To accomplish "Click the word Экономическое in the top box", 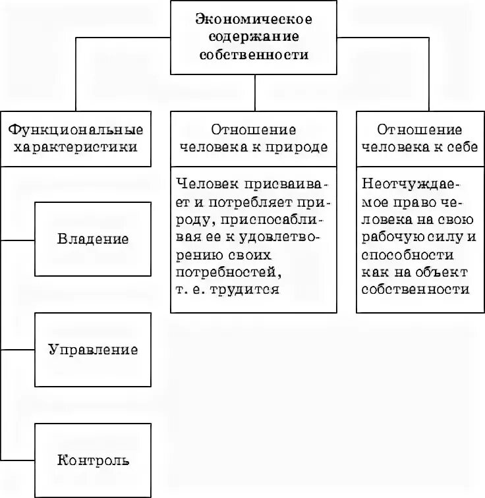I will (254, 20).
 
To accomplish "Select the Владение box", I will (93, 238).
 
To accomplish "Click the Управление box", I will (93, 349).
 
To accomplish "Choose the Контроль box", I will (93, 459).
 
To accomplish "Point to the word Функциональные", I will (76, 130).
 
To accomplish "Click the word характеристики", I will (76, 147).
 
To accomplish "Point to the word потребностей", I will (228, 271).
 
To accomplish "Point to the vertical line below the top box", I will (255, 92).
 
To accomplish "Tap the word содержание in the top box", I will (254, 38).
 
